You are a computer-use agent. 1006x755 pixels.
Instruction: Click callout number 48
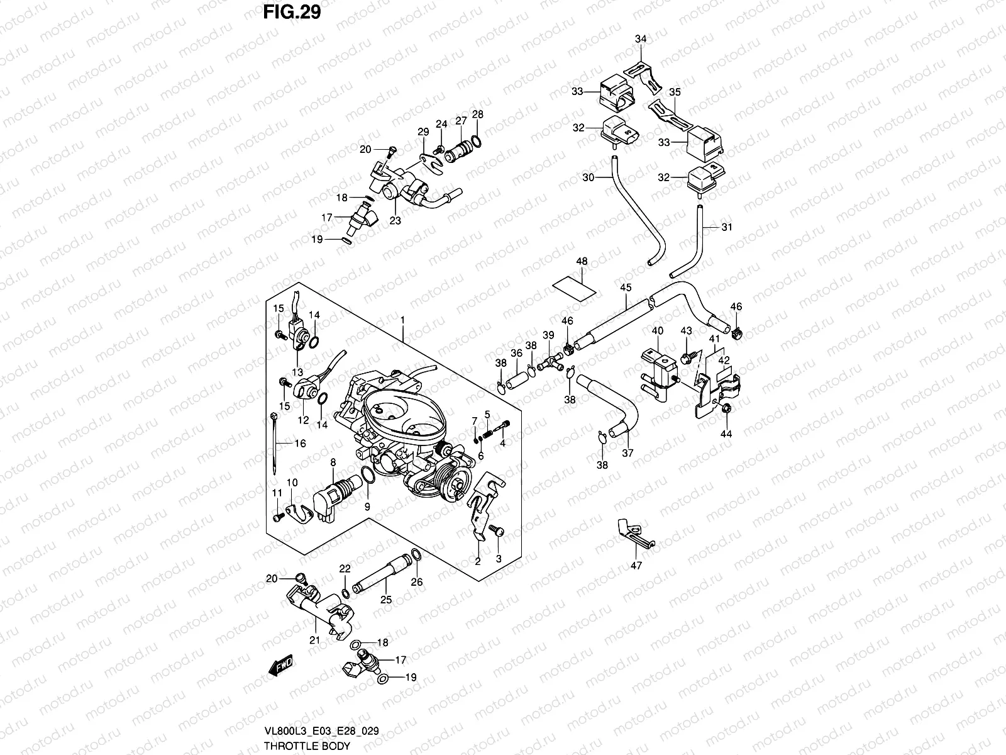coord(582,260)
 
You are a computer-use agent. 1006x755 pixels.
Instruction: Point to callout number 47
coord(636,566)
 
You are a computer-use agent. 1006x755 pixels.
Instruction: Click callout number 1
coord(402,321)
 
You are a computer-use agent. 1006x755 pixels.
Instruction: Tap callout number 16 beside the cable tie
coord(300,444)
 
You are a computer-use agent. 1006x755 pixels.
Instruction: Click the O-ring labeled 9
coord(368,479)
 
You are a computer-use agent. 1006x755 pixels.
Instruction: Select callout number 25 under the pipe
coord(386,600)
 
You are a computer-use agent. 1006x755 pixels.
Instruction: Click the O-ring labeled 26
coord(416,554)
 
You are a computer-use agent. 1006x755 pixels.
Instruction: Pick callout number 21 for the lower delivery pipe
coord(315,640)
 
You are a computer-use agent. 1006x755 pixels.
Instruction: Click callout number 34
coord(640,39)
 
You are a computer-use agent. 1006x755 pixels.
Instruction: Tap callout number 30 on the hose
coord(588,177)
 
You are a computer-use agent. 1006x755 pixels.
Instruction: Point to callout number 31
coord(727,227)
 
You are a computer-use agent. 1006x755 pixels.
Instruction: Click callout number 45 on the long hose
coord(626,288)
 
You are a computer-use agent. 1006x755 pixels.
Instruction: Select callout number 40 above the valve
coord(657,331)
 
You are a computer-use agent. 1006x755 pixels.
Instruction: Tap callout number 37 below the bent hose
coord(627,452)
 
